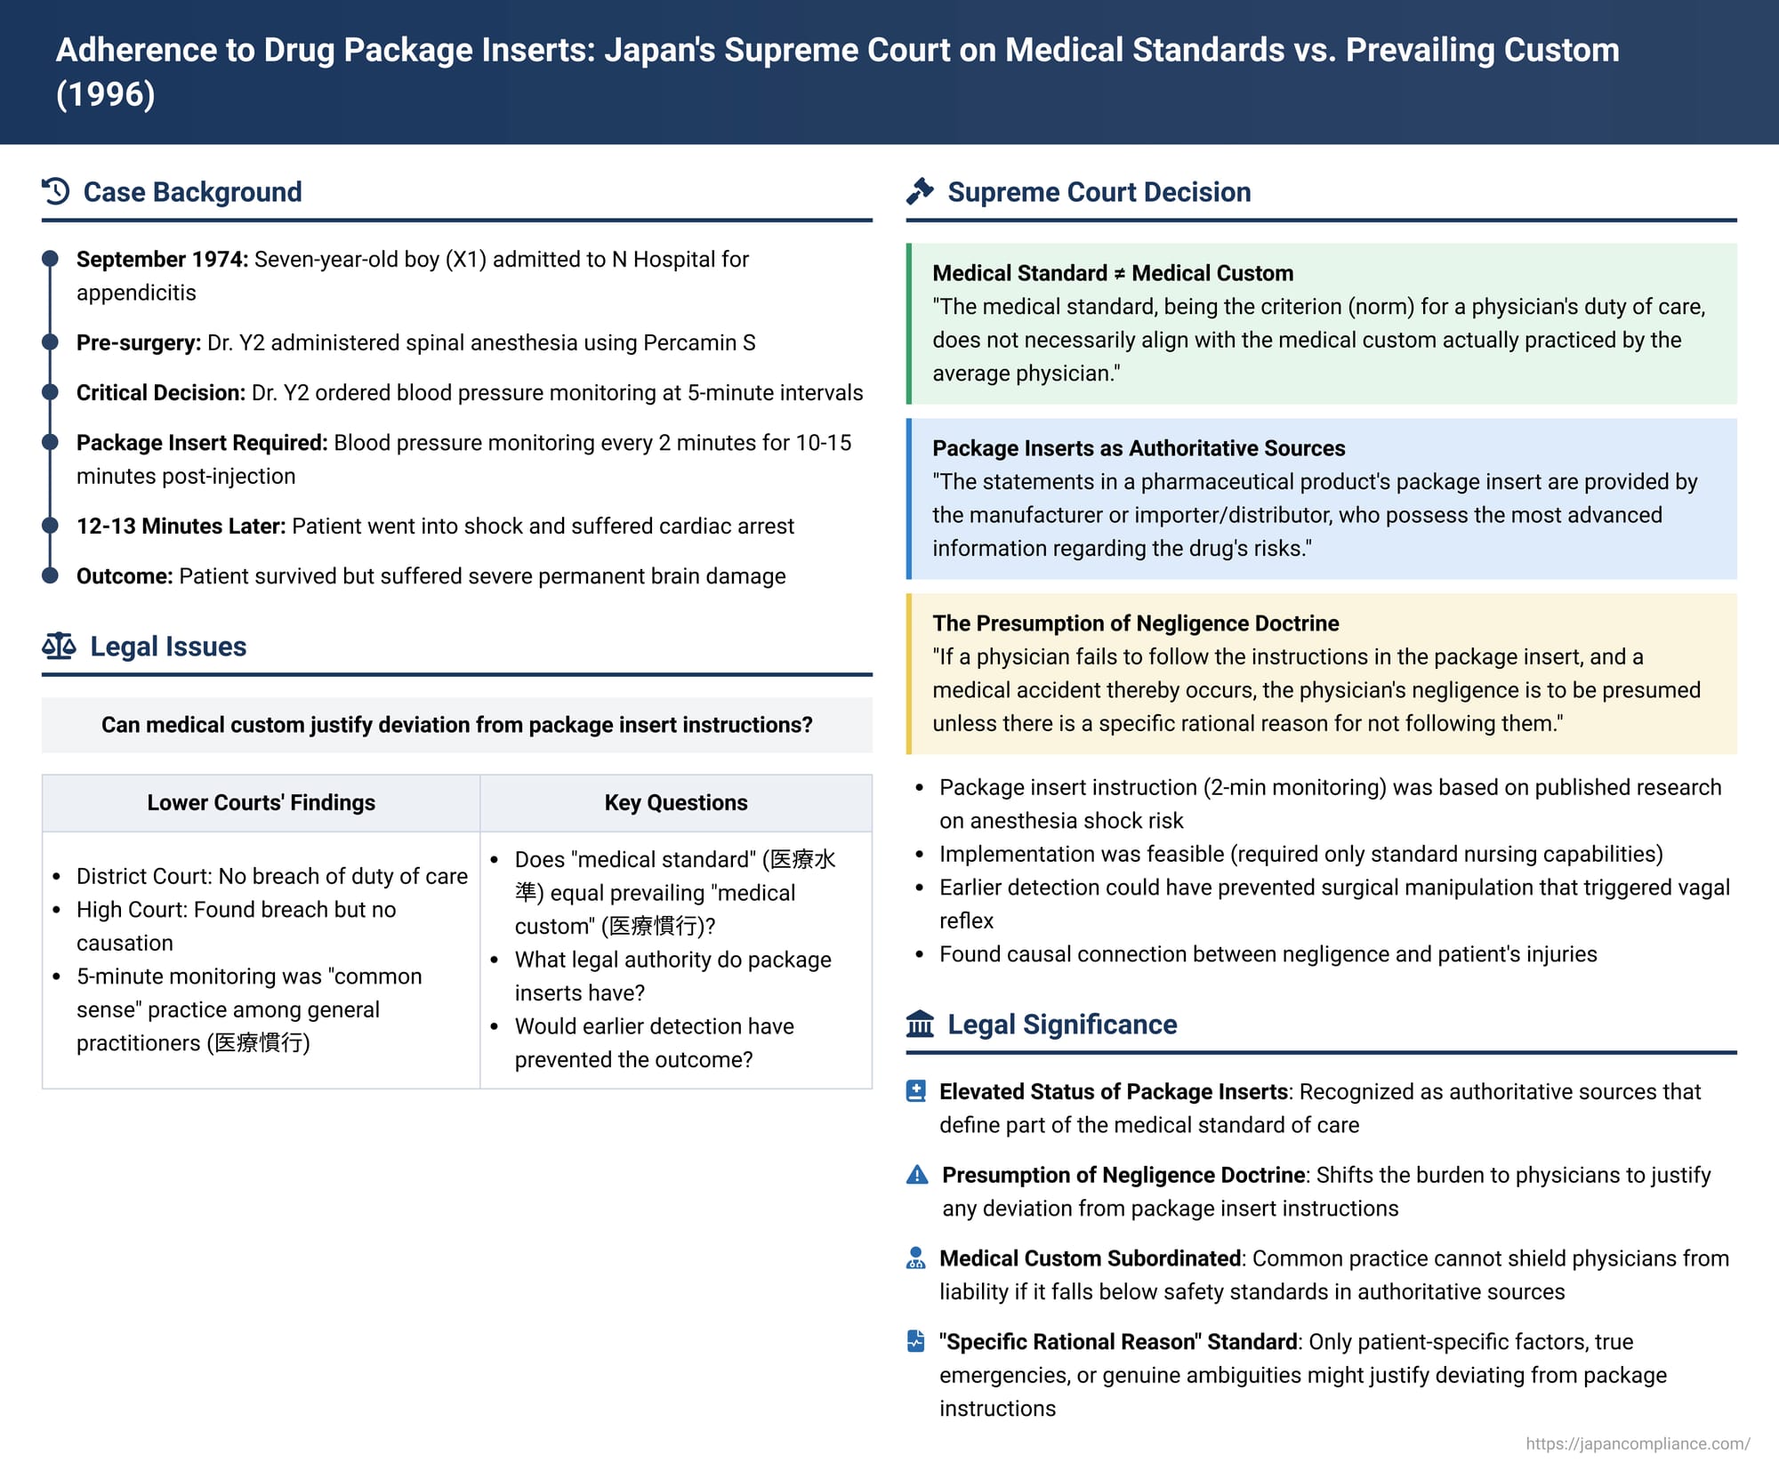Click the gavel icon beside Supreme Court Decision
tap(920, 191)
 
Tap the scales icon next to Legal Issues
tap(59, 646)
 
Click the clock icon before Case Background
tap(56, 191)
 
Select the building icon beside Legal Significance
tap(920, 1024)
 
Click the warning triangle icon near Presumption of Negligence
tap(917, 1175)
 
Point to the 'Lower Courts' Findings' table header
tap(261, 802)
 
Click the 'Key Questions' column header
tap(675, 802)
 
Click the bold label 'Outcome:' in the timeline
tap(124, 575)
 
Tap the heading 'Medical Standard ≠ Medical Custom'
tap(1112, 273)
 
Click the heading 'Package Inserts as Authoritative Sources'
tap(1138, 448)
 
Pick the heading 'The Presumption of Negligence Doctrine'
tap(1135, 623)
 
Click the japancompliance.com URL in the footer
tap(1637, 1443)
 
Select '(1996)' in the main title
tap(105, 94)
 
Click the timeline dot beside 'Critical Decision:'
tap(51, 392)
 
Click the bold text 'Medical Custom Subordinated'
tap(1090, 1258)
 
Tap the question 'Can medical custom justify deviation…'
tap(456, 725)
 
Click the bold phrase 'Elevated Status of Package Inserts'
tap(1113, 1091)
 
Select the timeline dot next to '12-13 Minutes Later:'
tap(51, 526)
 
